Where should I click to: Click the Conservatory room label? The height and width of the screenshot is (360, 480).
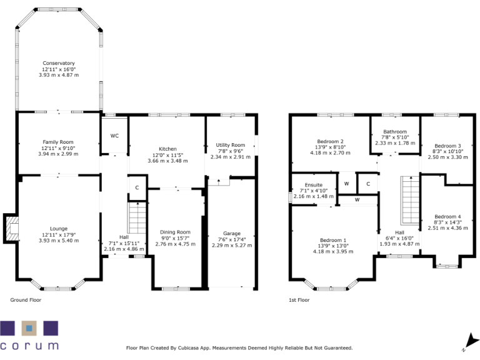pyautogui.click(x=59, y=63)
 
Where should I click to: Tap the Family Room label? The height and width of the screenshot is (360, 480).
pyautogui.click(x=58, y=142)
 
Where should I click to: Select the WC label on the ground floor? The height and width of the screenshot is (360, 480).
pyautogui.click(x=114, y=136)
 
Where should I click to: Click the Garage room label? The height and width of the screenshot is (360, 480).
pyautogui.click(x=232, y=233)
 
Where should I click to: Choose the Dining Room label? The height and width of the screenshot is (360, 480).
pyautogui.click(x=175, y=232)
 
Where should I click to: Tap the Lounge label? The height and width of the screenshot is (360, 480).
pyautogui.click(x=59, y=228)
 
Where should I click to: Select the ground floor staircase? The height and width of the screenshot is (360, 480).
pyautogui.click(x=137, y=217)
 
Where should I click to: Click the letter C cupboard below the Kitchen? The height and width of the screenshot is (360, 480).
pyautogui.click(x=137, y=187)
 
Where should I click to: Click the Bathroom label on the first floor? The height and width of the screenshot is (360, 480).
pyautogui.click(x=395, y=132)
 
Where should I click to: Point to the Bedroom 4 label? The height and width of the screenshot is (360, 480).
pyautogui.click(x=447, y=216)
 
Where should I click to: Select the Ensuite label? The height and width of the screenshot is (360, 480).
pyautogui.click(x=313, y=185)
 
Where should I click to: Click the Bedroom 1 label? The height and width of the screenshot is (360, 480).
pyautogui.click(x=333, y=240)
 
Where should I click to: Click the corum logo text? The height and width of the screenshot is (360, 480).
pyautogui.click(x=30, y=345)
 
